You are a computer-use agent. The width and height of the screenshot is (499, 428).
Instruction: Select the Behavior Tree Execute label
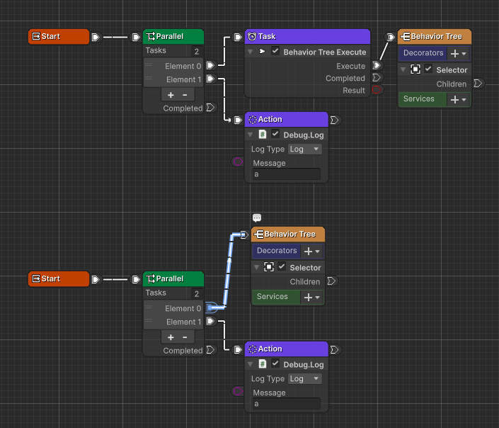(324, 52)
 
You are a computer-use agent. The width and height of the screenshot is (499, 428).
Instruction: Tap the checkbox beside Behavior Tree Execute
(275, 52)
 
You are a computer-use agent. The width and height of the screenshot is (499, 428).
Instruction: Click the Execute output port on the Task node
(377, 65)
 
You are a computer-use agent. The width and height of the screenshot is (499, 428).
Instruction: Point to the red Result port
(377, 90)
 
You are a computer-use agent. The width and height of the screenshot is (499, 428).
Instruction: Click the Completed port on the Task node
(377, 78)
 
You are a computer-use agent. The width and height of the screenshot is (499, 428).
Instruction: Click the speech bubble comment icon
(257, 218)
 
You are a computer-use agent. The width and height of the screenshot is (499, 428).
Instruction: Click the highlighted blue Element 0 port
(210, 308)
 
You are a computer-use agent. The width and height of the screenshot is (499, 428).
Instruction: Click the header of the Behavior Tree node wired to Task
(435, 36)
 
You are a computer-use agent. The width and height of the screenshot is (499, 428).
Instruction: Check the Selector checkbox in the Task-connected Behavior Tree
(428, 69)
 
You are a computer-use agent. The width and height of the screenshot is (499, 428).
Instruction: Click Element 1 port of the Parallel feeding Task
(210, 79)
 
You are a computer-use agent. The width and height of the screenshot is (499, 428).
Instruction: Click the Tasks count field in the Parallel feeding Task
(196, 51)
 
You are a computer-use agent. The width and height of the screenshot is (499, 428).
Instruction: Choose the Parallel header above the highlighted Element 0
(173, 278)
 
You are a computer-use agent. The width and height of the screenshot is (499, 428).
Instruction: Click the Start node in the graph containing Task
(59, 36)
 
